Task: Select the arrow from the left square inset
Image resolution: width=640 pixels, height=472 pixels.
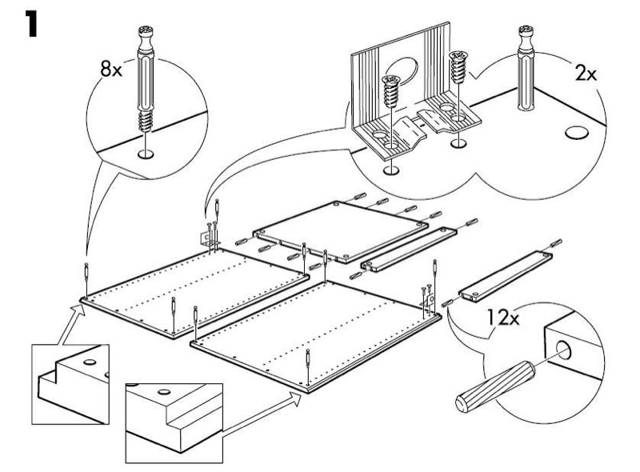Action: pyautogui.click(x=69, y=324)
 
